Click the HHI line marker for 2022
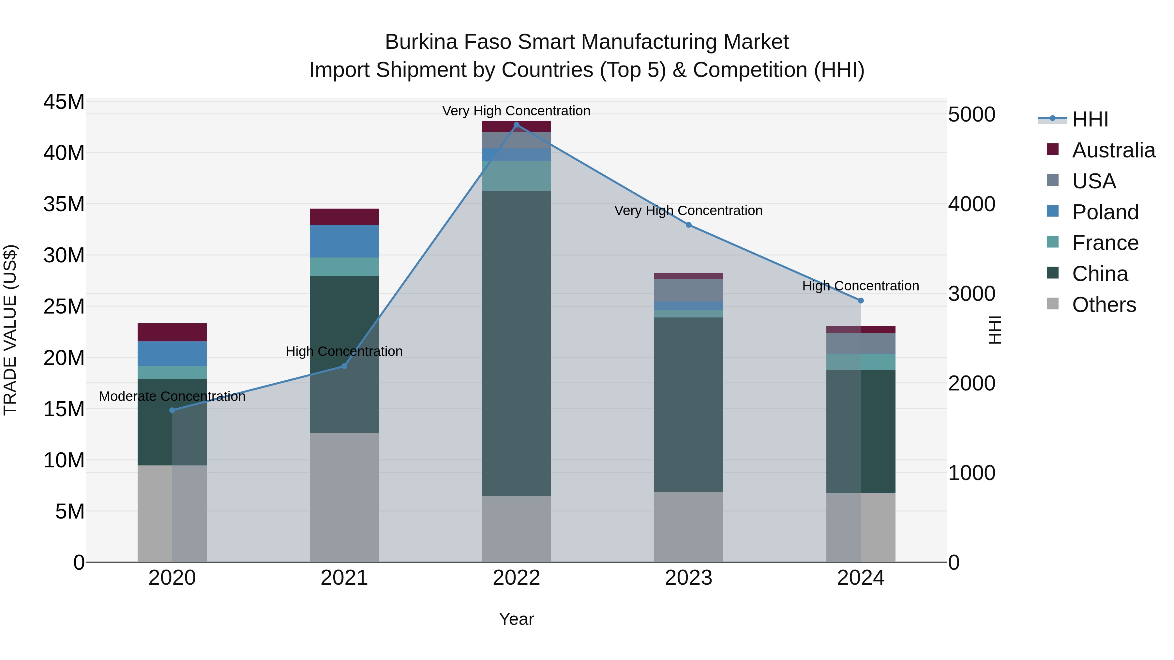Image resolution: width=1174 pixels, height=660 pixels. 516,125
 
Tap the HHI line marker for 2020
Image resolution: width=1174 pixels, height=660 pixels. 172,410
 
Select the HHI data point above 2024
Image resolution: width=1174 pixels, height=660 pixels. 861,301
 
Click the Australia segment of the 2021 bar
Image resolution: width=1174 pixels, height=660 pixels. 344,217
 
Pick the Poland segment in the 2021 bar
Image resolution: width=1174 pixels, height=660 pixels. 344,242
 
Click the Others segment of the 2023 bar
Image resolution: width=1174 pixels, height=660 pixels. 689,527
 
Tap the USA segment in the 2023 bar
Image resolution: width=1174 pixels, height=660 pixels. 689,290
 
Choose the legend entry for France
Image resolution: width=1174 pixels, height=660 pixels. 1105,243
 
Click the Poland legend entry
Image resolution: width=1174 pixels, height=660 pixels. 1105,212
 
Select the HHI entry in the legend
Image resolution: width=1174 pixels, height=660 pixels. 1089,119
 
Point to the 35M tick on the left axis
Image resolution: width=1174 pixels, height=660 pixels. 64,204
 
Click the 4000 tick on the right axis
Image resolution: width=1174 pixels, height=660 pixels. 972,204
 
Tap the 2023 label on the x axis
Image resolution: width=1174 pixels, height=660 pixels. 689,578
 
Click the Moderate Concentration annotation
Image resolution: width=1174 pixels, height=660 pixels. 172,396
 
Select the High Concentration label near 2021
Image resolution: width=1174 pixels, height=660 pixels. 344,351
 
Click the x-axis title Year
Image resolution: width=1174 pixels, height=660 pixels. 516,619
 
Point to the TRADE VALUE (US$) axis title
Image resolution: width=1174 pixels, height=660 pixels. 10,330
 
